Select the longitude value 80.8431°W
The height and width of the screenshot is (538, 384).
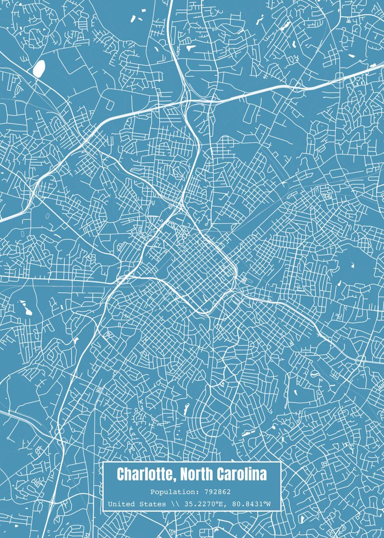click(x=250, y=504)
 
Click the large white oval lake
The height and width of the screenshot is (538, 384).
click(x=39, y=68)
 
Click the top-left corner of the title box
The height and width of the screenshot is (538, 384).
click(x=103, y=462)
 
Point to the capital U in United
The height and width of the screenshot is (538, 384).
click(x=110, y=504)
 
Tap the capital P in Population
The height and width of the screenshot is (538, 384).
click(x=153, y=492)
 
